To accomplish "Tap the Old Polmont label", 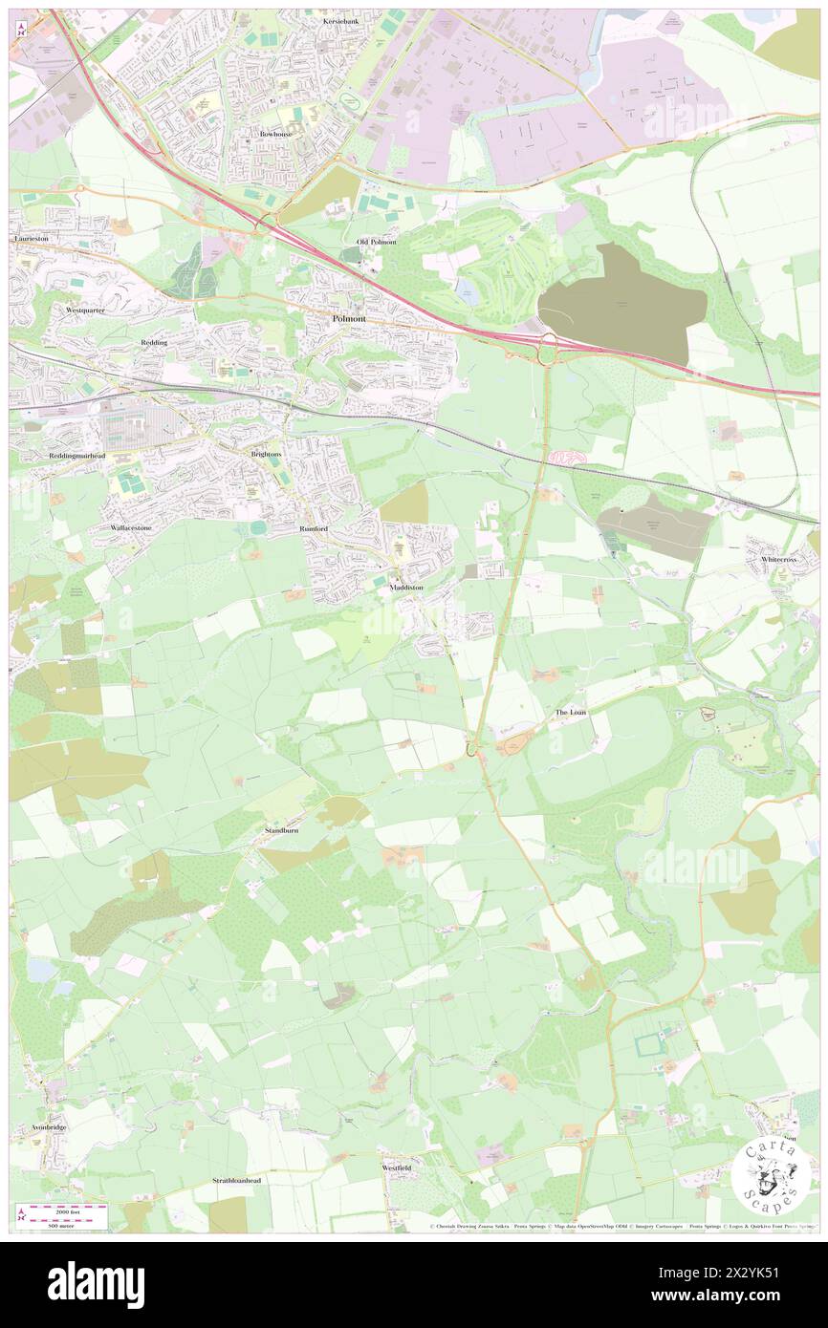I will tap(376, 242).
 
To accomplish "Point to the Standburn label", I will tap(281, 831).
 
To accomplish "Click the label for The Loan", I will tap(571, 713).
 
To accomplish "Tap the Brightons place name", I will tap(266, 453).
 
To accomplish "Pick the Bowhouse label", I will tap(275, 135).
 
